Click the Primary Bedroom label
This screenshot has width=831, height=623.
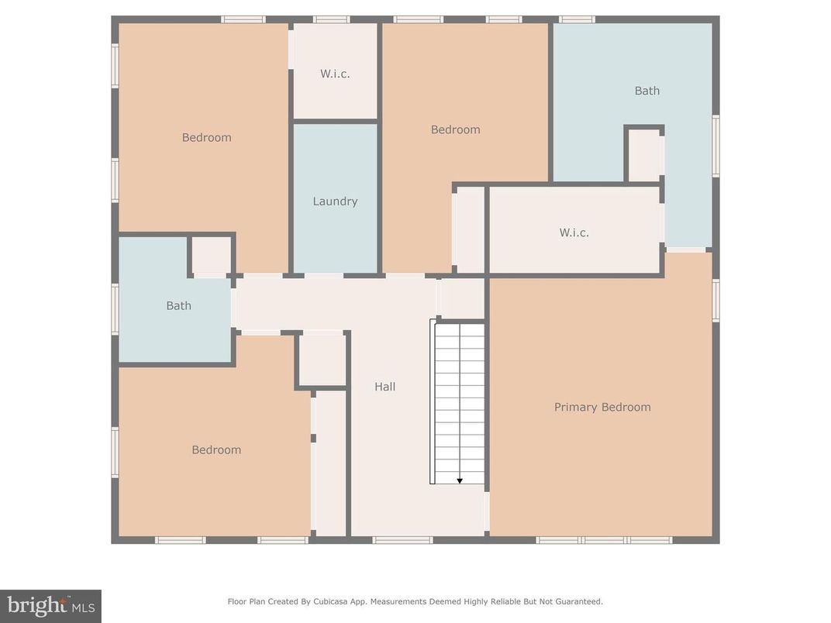[602, 407]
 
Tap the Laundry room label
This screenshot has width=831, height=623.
[335, 201]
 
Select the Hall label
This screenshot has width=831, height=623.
[385, 387]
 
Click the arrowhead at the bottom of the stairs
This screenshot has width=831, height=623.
[460, 481]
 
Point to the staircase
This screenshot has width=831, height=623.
[459, 401]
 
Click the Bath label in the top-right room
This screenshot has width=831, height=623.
[647, 91]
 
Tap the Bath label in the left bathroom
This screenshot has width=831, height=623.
[178, 306]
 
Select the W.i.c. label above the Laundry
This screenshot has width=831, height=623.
[335, 74]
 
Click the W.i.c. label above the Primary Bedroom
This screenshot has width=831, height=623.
[574, 232]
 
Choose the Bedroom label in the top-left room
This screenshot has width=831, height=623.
[206, 138]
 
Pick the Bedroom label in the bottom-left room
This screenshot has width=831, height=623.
[216, 450]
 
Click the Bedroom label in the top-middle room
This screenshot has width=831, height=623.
[456, 130]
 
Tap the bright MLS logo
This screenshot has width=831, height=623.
[50, 605]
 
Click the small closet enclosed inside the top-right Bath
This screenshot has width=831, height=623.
[643, 156]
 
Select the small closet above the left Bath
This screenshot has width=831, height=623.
[211, 256]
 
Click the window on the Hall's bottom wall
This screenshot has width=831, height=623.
[402, 540]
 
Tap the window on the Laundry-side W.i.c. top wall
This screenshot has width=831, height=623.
[332, 19]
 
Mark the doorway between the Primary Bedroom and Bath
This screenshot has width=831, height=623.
[686, 250]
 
